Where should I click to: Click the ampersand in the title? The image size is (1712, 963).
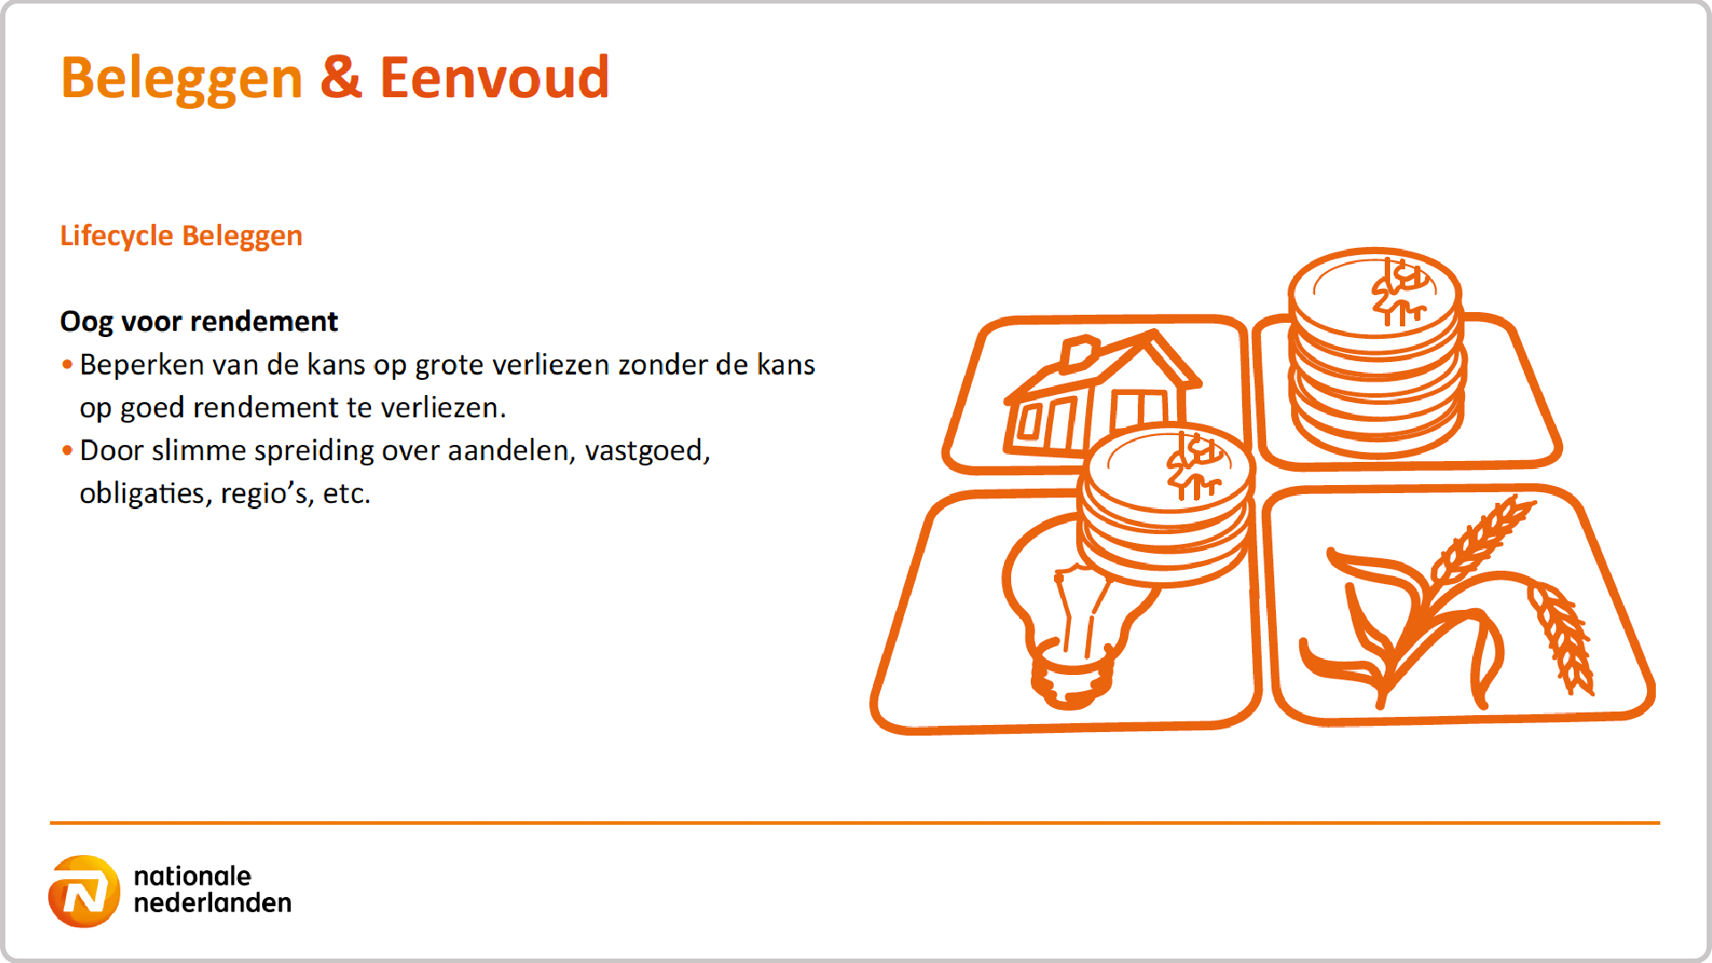[x=342, y=77]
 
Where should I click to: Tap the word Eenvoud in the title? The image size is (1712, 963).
[x=495, y=77]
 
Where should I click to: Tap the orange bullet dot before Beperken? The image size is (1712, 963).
[x=67, y=365]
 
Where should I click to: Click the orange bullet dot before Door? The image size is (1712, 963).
[x=67, y=450]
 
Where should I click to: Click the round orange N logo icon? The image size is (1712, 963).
[x=84, y=892]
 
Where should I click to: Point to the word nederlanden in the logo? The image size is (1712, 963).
[x=212, y=902]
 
